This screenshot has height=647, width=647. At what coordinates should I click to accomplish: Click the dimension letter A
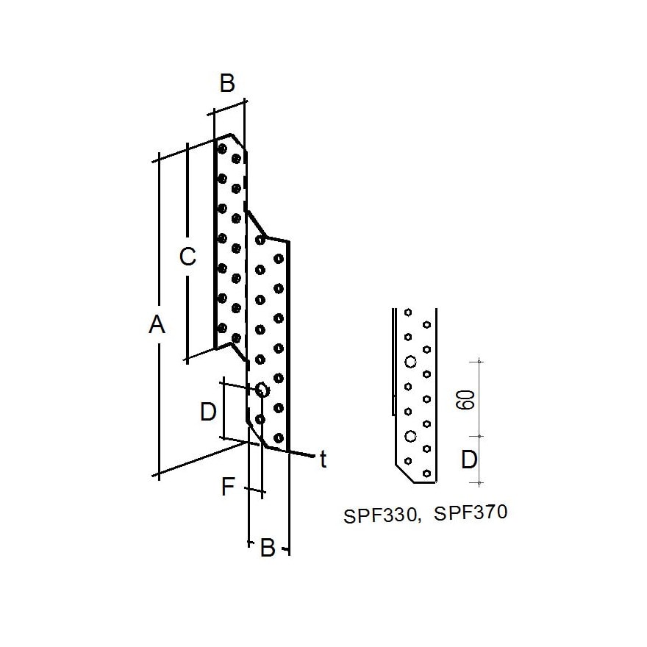coord(157,324)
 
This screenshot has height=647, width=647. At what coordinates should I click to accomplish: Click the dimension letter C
coord(187,257)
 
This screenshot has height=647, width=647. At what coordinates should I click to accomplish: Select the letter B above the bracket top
coord(227,83)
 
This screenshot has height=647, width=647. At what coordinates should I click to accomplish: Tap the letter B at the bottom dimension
coord(268,548)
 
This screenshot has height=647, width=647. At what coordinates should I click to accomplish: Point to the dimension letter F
coord(228,486)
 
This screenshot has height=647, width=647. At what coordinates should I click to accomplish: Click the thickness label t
coord(323,460)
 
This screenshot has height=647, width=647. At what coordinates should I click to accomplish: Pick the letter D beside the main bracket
coord(208,412)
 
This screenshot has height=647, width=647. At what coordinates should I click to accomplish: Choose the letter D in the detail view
coord(469,460)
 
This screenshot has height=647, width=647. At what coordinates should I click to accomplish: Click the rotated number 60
coord(465,399)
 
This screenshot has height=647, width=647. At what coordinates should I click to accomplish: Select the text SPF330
coord(382,516)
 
